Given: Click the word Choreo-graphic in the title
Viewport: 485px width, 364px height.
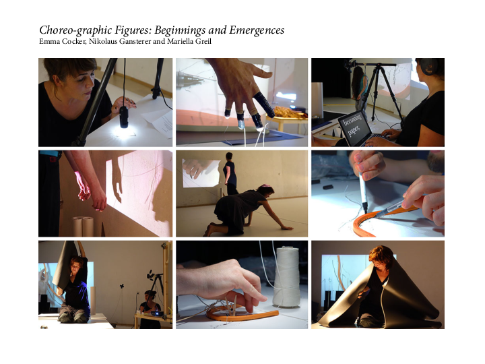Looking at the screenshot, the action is pos(75,30).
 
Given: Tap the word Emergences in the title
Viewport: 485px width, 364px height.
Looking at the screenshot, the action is pos(257,30).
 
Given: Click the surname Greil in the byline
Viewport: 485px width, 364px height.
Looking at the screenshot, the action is pos(203,41).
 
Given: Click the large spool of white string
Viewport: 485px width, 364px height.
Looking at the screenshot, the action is pos(287,276).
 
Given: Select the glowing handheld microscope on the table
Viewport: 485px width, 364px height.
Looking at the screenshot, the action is pos(124,117).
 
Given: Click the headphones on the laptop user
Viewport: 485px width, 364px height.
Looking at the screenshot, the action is pos(428,67).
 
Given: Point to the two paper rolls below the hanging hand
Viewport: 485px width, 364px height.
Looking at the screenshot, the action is pos(83,226).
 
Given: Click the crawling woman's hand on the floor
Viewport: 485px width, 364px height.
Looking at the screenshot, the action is pos(286,228).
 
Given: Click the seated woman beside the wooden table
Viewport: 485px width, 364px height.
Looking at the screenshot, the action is pos(150,309).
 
